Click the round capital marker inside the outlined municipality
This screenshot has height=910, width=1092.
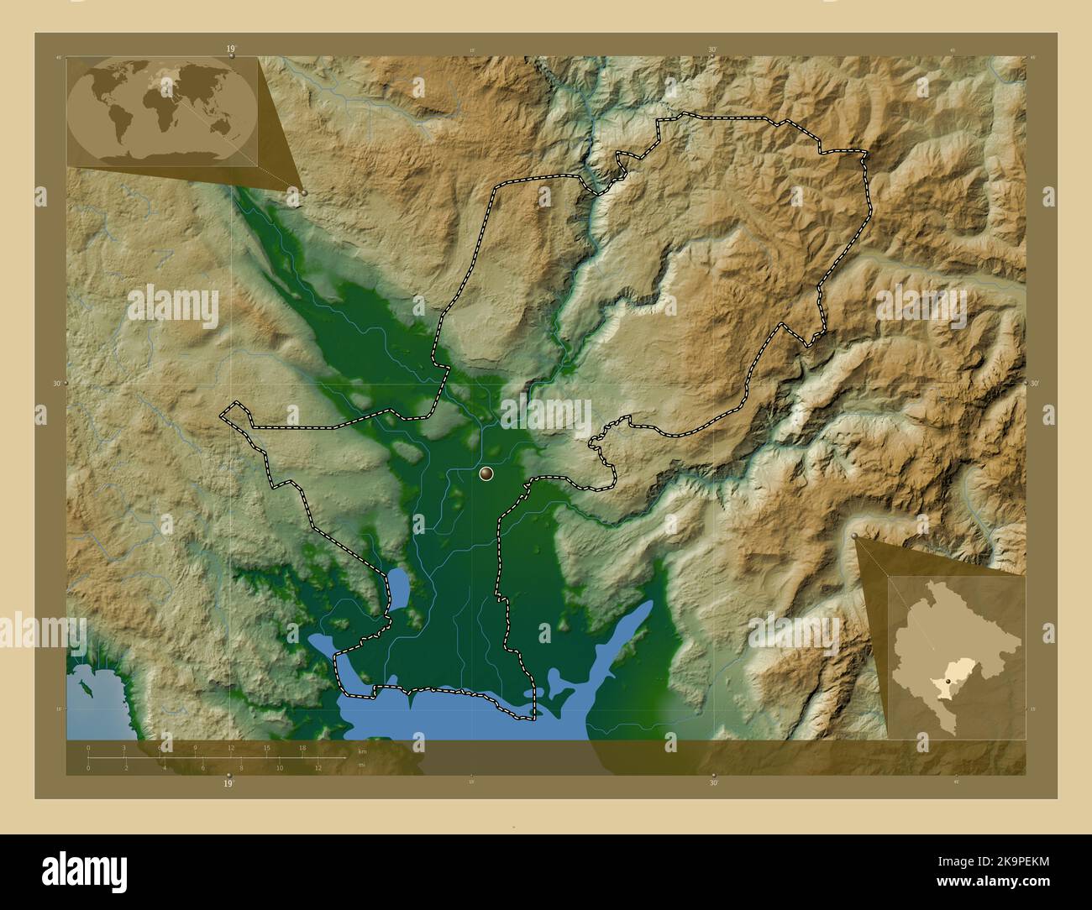(x=486, y=474)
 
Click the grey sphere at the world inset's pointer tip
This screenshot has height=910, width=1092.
(x=304, y=193)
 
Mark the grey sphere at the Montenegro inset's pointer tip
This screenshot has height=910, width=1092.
(x=855, y=535)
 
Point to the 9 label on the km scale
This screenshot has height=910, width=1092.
(x=196, y=747)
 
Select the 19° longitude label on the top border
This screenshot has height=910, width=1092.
(x=229, y=50)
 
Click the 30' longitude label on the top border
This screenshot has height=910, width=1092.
(x=712, y=50)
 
